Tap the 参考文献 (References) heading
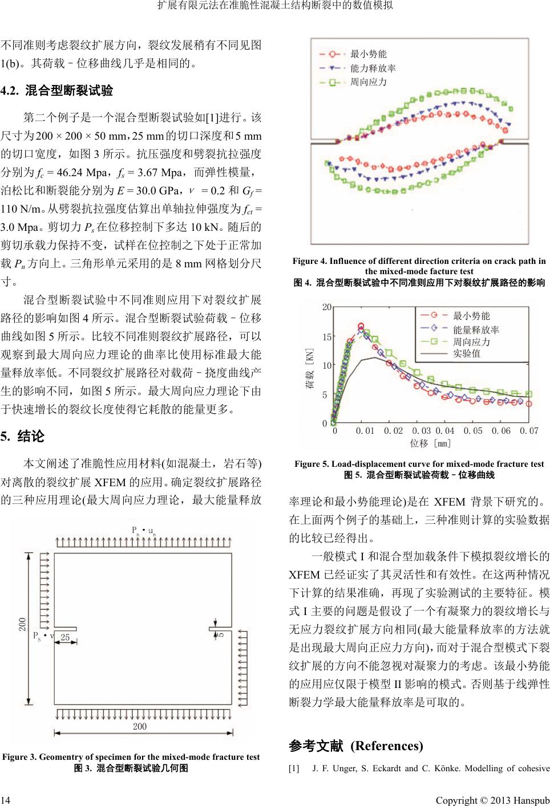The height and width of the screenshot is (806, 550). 356,746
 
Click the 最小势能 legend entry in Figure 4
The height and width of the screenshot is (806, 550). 368,54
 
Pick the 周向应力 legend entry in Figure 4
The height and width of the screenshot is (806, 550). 368,82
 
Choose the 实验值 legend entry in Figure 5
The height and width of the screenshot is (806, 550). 466,354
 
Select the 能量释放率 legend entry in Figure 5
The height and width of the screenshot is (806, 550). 476,329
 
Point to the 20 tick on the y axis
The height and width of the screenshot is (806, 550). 326,307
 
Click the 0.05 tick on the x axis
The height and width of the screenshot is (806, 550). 473,431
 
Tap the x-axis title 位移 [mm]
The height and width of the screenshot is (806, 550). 431,443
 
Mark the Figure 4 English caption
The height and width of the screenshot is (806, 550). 419,266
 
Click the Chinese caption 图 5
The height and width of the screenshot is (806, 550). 419,474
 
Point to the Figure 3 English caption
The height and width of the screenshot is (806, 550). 131,757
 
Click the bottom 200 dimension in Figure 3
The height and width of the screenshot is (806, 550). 140,726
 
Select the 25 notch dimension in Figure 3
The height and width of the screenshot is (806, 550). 66,638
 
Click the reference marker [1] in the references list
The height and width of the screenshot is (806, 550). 294,768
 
